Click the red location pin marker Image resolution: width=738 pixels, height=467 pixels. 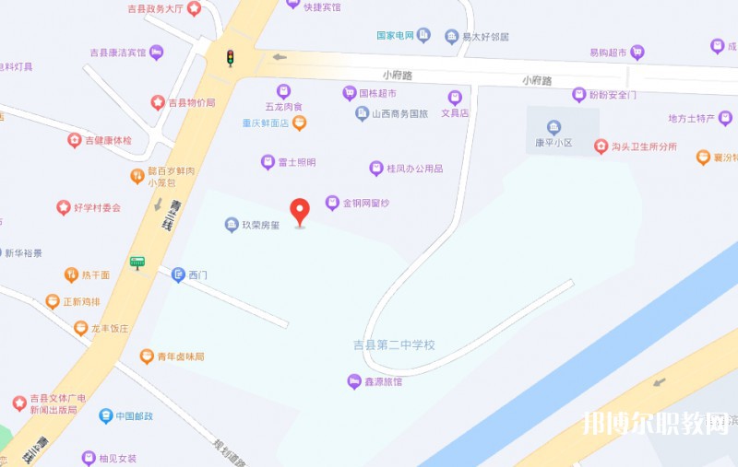pyautogui.click(x=300, y=211)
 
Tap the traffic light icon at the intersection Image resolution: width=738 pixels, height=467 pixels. pyautogui.click(x=231, y=57)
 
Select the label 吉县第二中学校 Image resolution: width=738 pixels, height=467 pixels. pyautogui.click(x=394, y=345)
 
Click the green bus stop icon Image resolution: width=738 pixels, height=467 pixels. pyautogui.click(x=137, y=263)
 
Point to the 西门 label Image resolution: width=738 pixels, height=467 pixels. pyautogui.click(x=197, y=274)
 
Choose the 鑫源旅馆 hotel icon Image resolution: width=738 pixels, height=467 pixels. pyautogui.click(x=353, y=380)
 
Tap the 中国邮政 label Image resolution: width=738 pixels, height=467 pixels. pyautogui.click(x=134, y=416)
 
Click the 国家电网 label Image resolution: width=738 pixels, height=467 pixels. pyautogui.click(x=394, y=36)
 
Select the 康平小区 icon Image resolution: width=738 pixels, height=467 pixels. pyautogui.click(x=553, y=127)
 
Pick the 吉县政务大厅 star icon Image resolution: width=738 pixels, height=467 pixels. pyautogui.click(x=194, y=8)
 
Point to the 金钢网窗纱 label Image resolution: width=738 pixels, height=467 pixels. pyautogui.click(x=367, y=203)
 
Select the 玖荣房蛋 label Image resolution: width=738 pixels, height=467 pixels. pyautogui.click(x=260, y=225)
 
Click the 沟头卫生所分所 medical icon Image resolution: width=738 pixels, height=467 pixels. pyautogui.click(x=601, y=146)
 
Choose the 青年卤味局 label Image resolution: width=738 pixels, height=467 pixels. pyautogui.click(x=179, y=356)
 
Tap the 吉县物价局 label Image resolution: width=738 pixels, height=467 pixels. pyautogui.click(x=191, y=102)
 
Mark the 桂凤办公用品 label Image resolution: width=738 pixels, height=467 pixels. pyautogui.click(x=414, y=169)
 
